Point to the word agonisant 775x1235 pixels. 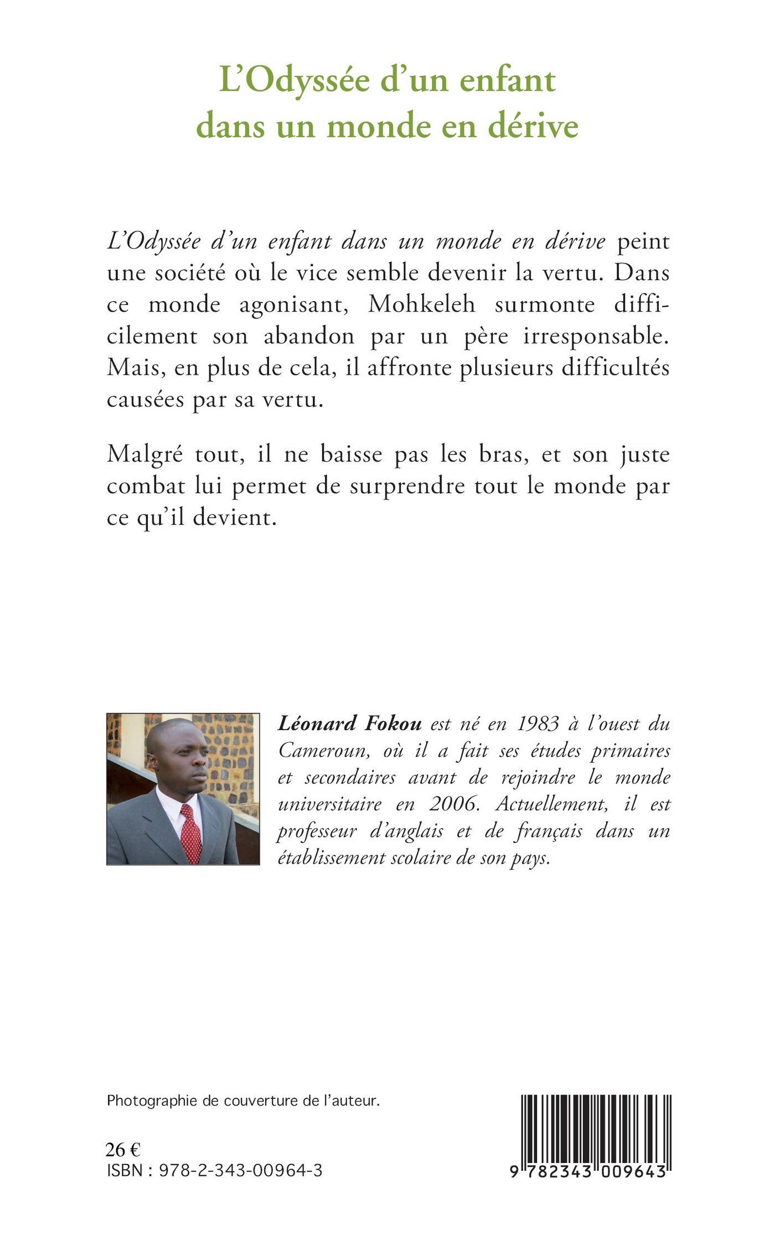point(293,304)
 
